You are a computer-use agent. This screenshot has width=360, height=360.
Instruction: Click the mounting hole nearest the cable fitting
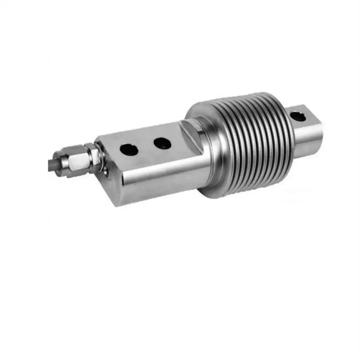129,150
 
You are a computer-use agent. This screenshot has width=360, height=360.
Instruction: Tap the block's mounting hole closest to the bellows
162,143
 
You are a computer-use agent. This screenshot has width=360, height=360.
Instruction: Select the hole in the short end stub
297,117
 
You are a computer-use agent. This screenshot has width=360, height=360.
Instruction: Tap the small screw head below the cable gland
105,172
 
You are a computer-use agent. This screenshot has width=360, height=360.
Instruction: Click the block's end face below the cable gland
109,184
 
